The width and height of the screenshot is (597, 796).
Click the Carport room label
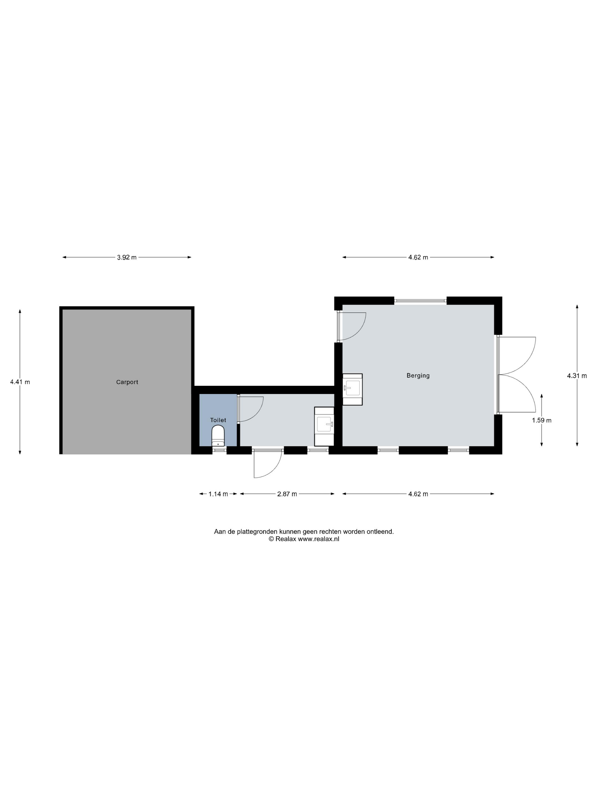tap(127, 382)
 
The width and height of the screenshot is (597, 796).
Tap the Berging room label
tap(418, 376)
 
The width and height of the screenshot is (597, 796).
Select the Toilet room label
tap(218, 420)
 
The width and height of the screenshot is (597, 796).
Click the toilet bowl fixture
tap(218, 436)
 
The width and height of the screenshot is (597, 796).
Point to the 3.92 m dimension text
tap(127, 257)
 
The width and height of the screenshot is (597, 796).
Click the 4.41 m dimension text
tap(20, 382)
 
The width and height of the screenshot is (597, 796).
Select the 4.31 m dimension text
tap(577, 376)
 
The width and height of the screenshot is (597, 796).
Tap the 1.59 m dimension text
tap(542, 420)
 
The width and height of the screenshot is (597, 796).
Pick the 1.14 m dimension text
tap(218, 494)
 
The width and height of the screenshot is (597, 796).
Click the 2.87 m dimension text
tap(287, 494)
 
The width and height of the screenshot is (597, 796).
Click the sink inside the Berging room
tap(352, 389)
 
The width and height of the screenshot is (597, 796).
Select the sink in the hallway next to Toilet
tap(324, 426)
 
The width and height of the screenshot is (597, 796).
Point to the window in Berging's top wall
tap(420, 300)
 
